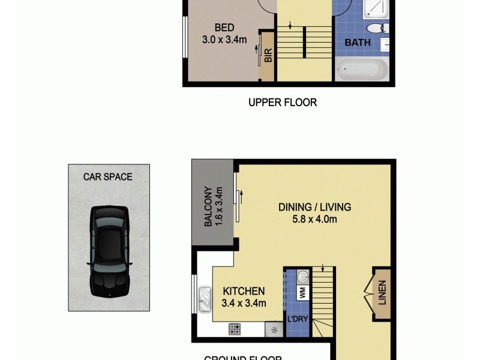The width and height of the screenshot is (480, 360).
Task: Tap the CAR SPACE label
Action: pos(108,176)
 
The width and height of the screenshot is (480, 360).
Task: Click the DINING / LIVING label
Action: pos(314,208)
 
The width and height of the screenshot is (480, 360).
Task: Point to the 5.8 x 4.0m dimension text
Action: pos(314,220)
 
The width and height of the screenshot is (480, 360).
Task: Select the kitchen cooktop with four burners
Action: pos(235,329)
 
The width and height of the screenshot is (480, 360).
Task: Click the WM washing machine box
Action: pos(302,293)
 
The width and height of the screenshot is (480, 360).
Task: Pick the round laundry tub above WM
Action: pos(302,277)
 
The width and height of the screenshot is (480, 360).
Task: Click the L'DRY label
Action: pos(298,319)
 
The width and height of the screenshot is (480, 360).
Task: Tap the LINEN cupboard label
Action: pos(382,292)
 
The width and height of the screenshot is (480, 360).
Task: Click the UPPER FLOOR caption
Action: pos(283,103)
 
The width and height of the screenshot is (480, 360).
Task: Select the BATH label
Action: pos(357,43)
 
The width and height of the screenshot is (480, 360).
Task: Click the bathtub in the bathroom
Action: pos(361,69)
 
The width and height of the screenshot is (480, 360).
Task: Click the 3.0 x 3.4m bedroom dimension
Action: pos(224,40)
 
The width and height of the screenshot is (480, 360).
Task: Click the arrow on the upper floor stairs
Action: pos(290,26)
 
